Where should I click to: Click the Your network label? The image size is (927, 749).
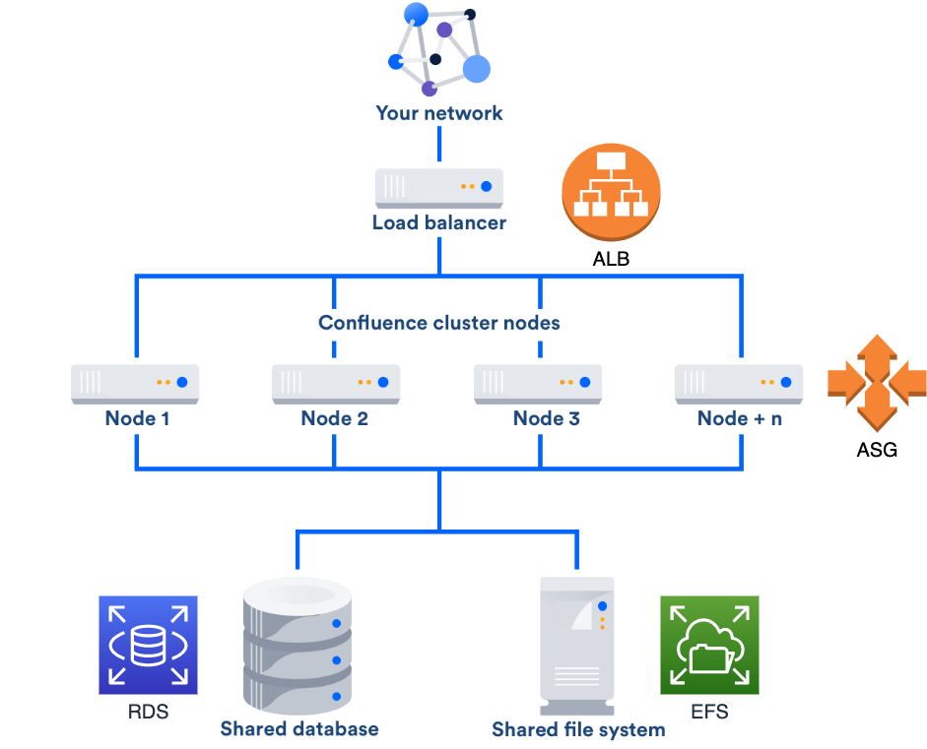click(x=438, y=113)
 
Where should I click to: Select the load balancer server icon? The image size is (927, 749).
click(x=438, y=186)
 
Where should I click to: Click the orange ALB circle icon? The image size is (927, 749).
click(x=611, y=193)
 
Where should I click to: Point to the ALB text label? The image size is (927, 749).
click(x=611, y=261)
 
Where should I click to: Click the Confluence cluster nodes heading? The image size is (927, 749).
click(x=438, y=323)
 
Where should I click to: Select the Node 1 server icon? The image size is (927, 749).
click(x=135, y=383)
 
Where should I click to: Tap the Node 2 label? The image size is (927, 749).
click(x=335, y=418)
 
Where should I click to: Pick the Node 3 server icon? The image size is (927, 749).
click(x=538, y=383)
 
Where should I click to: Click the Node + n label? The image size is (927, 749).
click(x=739, y=418)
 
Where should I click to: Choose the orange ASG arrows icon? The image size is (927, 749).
click(x=876, y=381)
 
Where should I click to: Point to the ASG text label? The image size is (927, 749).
click(x=876, y=453)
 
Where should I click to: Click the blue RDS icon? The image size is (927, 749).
click(x=148, y=646)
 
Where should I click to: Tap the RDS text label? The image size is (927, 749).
click(x=148, y=712)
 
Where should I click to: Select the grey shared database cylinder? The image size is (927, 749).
click(x=298, y=646)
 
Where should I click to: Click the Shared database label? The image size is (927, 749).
click(x=298, y=729)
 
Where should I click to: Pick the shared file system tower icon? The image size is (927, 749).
click(x=577, y=646)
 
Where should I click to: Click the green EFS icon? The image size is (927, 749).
click(x=709, y=646)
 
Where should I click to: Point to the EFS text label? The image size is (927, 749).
click(x=709, y=712)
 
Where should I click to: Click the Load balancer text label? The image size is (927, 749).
click(x=438, y=222)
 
